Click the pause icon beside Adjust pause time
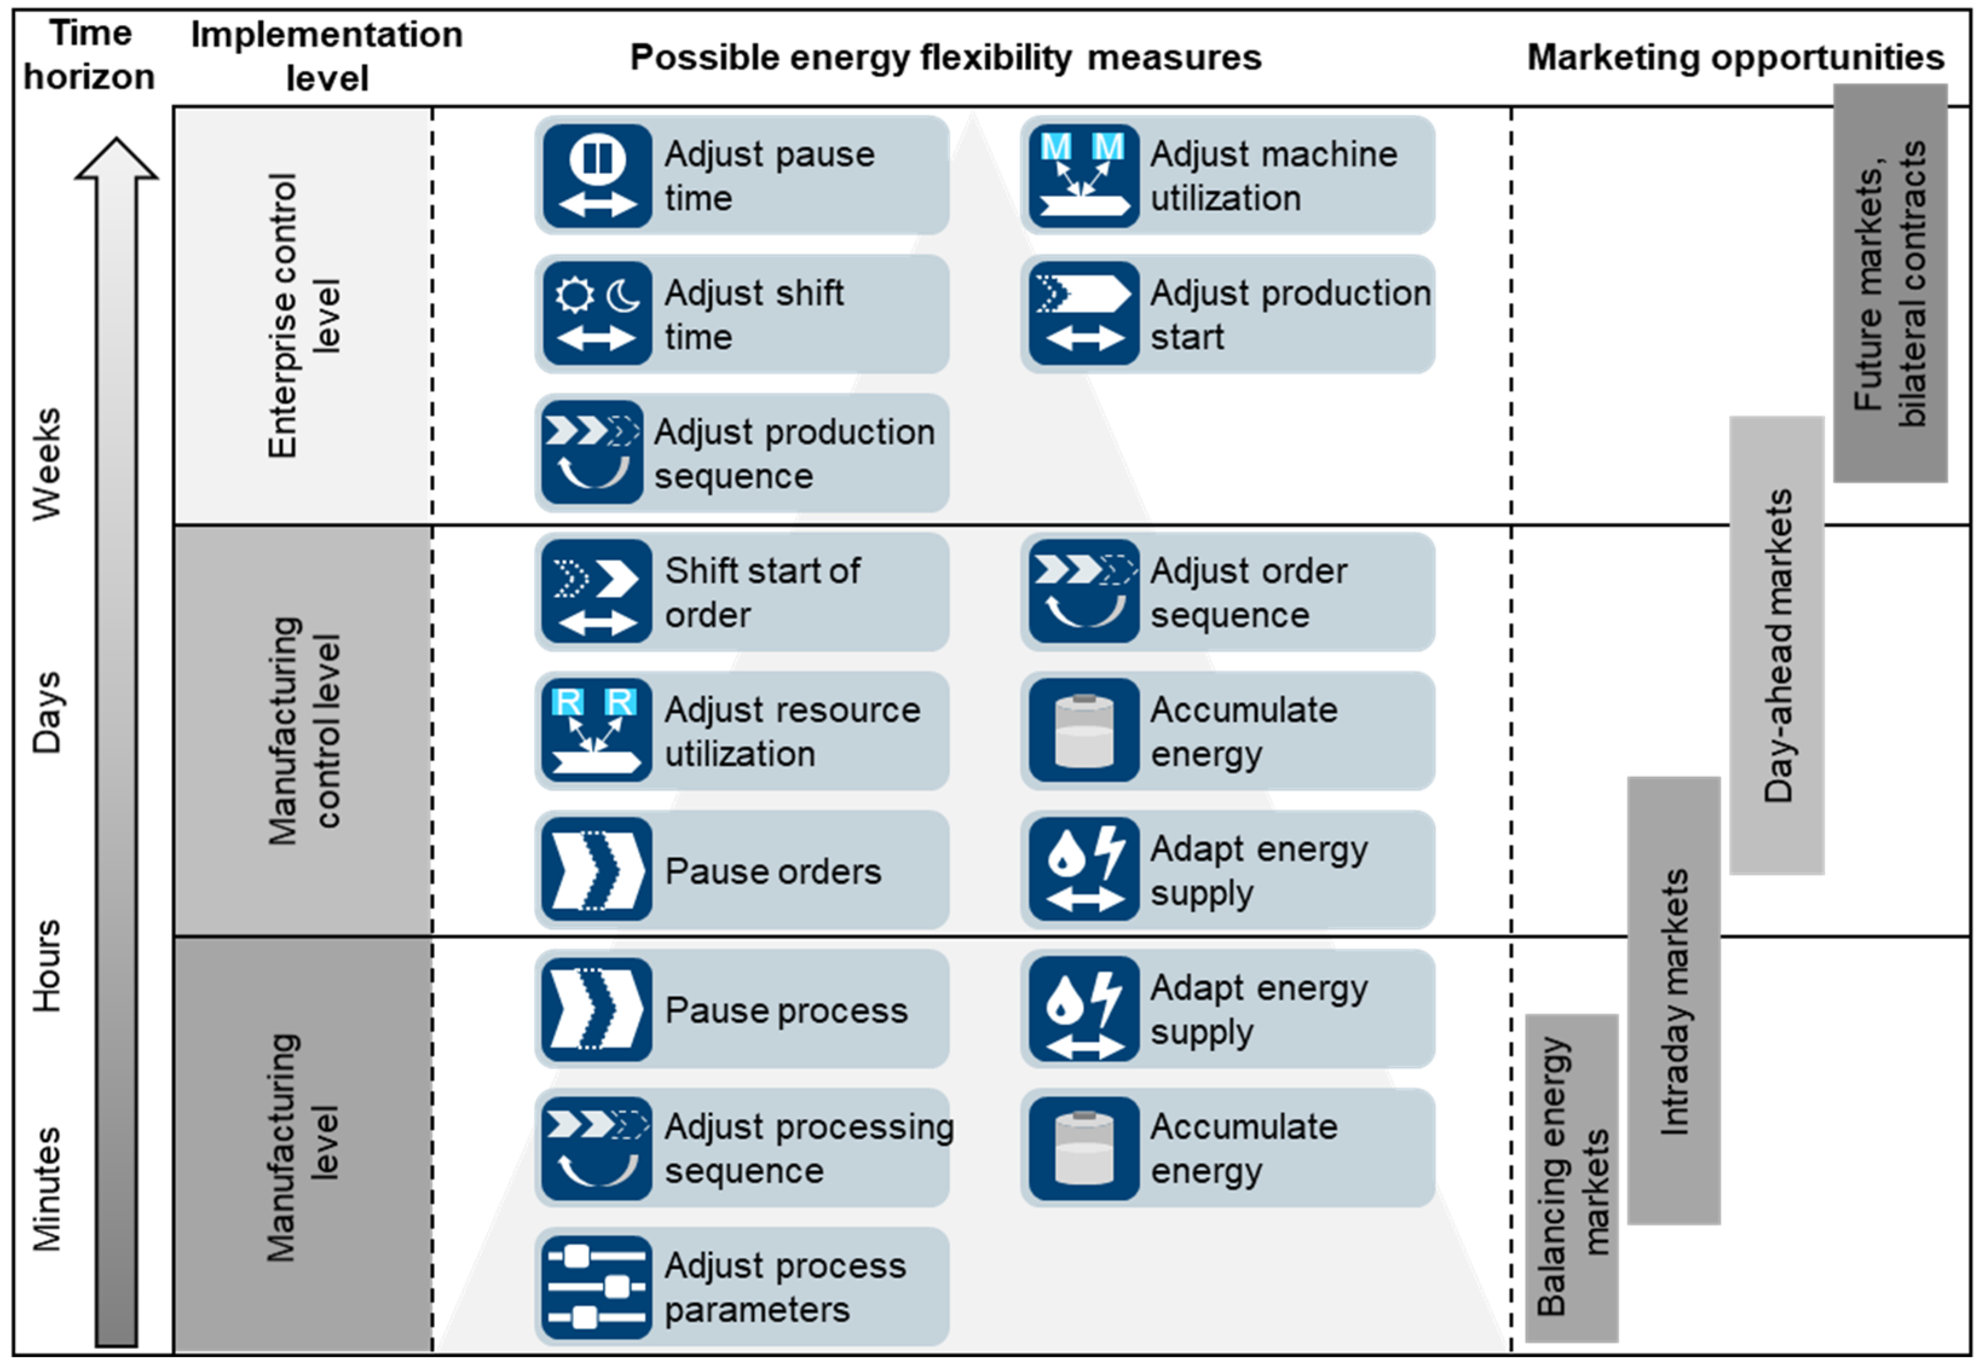[x=597, y=176]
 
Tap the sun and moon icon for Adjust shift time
[x=597, y=314]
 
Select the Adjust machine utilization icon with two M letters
[x=1084, y=176]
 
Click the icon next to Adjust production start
[x=1084, y=314]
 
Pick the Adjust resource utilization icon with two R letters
[x=597, y=731]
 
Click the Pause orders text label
[x=773, y=871]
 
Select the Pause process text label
[x=786, y=1010]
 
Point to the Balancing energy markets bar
[x=1572, y=1178]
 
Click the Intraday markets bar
[x=1674, y=1000]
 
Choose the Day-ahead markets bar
[x=1777, y=645]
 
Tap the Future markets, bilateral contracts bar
[x=1890, y=283]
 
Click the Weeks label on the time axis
[x=47, y=464]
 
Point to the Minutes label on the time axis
[x=47, y=1189]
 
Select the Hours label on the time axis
[x=47, y=966]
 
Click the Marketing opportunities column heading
[x=1734, y=57]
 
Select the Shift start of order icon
[x=597, y=592]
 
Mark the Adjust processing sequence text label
[x=807, y=1149]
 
